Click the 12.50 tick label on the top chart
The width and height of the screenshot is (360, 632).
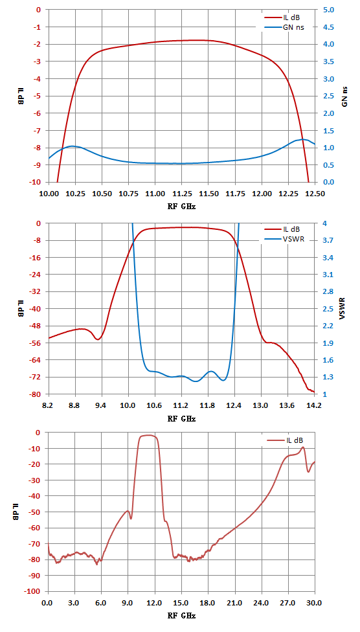[315, 193]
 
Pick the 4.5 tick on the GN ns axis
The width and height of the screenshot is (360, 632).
[328, 27]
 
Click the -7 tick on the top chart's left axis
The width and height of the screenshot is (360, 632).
[38, 131]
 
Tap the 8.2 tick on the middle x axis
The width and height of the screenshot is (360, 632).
[49, 405]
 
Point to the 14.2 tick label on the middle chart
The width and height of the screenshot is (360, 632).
[314, 405]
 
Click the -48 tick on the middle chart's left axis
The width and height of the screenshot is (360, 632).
[37, 326]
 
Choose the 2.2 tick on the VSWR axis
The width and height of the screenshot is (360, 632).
[328, 326]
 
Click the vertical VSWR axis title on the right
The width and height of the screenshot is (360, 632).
[343, 309]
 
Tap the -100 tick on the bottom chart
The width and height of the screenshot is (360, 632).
[34, 591]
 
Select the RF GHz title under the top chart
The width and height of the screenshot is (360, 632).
[181, 205]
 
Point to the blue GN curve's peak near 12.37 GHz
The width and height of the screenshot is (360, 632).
[302, 139]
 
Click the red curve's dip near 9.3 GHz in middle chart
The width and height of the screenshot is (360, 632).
[98, 339]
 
